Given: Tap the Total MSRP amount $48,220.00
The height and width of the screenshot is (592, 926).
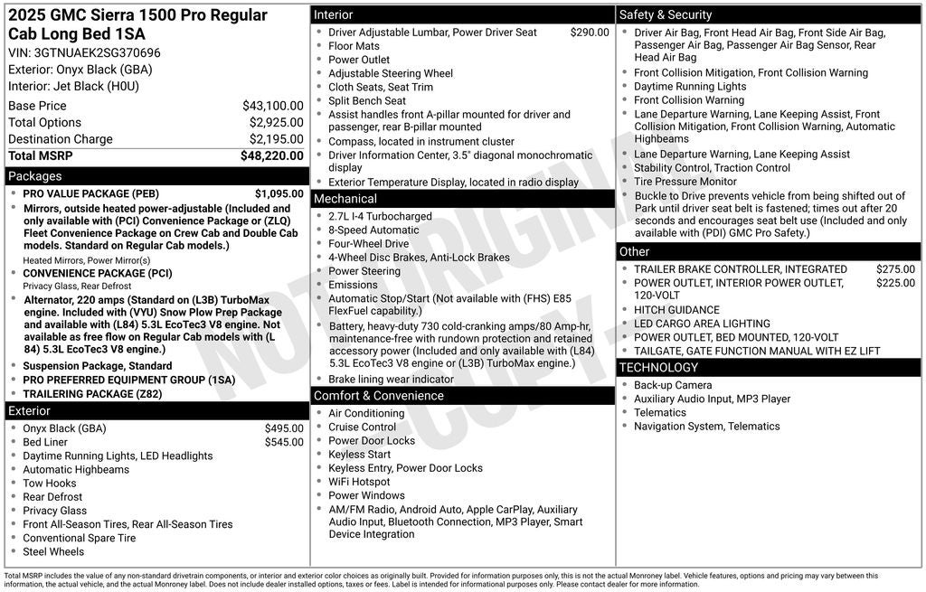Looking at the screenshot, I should pyautogui.click(x=271, y=155).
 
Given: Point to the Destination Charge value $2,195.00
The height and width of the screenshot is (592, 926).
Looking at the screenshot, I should pyautogui.click(x=276, y=139).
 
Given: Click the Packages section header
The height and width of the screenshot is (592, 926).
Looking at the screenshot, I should pyautogui.click(x=35, y=176).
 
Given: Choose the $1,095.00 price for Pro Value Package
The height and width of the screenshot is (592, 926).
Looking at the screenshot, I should pyautogui.click(x=279, y=193).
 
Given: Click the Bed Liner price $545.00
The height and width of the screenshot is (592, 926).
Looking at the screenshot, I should pyautogui.click(x=284, y=442).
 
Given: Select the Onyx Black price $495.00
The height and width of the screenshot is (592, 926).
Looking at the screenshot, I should pyautogui.click(x=284, y=428).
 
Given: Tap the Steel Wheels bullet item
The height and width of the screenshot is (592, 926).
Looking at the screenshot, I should pyautogui.click(x=53, y=551).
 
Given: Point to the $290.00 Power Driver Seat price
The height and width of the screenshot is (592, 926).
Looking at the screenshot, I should pyautogui.click(x=590, y=33).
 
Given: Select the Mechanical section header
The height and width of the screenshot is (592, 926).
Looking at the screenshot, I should pyautogui.click(x=345, y=199).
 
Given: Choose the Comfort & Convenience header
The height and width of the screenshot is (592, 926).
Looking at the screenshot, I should pyautogui.click(x=378, y=396).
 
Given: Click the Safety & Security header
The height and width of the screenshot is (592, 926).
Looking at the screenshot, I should pyautogui.click(x=666, y=14).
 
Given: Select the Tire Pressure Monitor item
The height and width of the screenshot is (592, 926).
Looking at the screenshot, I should pyautogui.click(x=685, y=182).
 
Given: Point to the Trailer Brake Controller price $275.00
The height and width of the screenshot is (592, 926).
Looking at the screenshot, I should pyautogui.click(x=895, y=269).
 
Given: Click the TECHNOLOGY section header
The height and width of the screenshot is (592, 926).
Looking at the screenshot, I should pyautogui.click(x=658, y=368).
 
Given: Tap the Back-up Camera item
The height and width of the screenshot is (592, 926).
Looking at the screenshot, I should pyautogui.click(x=673, y=385).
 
